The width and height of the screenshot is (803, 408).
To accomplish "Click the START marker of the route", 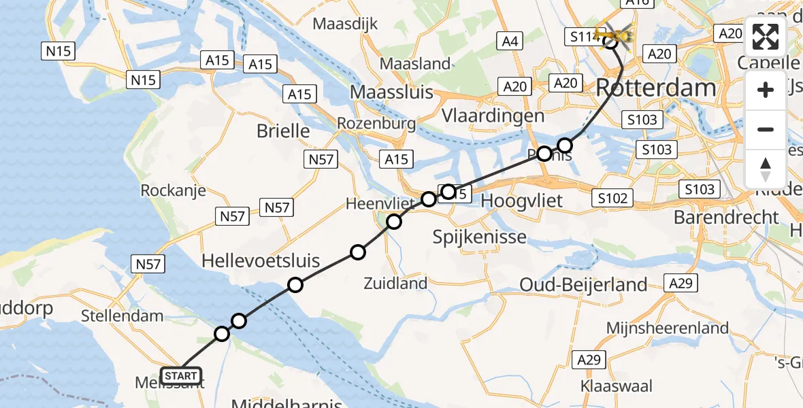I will [x=181, y=375].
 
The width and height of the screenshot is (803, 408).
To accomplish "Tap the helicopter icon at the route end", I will [x=613, y=33].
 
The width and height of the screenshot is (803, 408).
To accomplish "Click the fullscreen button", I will [x=766, y=37].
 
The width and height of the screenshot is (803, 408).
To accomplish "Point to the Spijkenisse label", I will [x=480, y=237].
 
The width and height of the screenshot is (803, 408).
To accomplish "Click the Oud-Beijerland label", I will [x=583, y=284].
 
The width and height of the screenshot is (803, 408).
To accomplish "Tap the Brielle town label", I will [x=283, y=131].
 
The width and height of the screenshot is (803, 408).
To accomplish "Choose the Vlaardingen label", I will [x=493, y=115].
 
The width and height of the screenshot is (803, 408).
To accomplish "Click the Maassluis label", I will [x=391, y=92].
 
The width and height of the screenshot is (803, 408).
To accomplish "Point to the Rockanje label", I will [x=173, y=190].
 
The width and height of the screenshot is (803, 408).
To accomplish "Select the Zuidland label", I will [x=395, y=283].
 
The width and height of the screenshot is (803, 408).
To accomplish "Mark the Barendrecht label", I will [x=725, y=217].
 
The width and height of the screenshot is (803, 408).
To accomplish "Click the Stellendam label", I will [x=122, y=316].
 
